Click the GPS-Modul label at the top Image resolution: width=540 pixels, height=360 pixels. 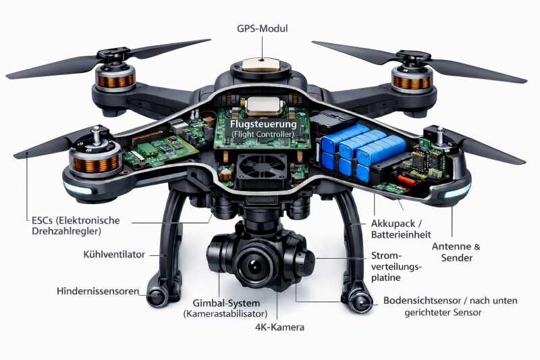pos(262,28)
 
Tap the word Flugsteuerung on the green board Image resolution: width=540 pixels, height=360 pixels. pos(263,124)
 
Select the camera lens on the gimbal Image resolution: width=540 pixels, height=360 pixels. pos(254,265)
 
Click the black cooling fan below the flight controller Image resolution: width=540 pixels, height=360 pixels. pos(262,167)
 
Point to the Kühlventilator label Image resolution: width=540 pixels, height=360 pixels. pos(114,255)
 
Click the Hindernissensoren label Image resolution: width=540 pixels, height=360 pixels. pos(98,291)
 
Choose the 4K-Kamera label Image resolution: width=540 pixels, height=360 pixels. pos(279,327)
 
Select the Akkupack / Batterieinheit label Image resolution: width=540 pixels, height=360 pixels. pos(401,229)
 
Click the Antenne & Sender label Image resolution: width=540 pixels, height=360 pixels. pos(456,252)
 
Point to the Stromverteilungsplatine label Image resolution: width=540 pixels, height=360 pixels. pos(396,267)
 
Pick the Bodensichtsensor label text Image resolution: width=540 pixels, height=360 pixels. pos(450,306)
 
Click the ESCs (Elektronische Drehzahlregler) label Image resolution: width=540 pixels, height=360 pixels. pos(76,226)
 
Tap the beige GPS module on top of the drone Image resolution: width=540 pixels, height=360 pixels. pos(261,64)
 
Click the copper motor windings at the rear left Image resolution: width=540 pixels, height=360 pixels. pos(115,80)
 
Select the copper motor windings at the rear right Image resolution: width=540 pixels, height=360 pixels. pos(412,82)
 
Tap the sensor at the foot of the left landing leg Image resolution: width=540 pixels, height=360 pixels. pos(156,297)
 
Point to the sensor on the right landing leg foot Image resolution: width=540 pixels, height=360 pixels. pos(360,303)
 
